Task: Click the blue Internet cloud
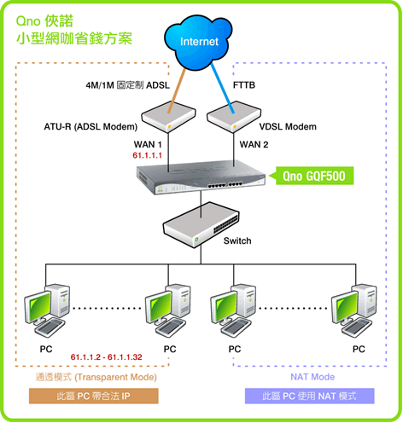click(x=198, y=42)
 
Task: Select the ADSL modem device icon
click(x=168, y=117)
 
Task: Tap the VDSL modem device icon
click(x=234, y=117)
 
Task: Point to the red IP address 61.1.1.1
click(x=147, y=155)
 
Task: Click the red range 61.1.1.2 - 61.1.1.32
click(x=106, y=357)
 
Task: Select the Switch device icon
click(x=201, y=225)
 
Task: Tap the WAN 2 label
click(x=254, y=144)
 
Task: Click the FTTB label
click(x=244, y=85)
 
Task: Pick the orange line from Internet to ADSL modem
click(x=177, y=90)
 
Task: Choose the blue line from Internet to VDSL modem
click(x=223, y=88)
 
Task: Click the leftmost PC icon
click(x=47, y=310)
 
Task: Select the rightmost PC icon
click(x=354, y=310)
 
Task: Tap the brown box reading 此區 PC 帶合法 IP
click(x=94, y=396)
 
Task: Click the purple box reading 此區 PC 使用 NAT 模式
click(x=310, y=396)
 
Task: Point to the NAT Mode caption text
click(x=312, y=377)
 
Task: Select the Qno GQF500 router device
click(x=201, y=177)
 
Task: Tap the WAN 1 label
click(x=148, y=144)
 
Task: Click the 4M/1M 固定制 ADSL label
click(x=128, y=85)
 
